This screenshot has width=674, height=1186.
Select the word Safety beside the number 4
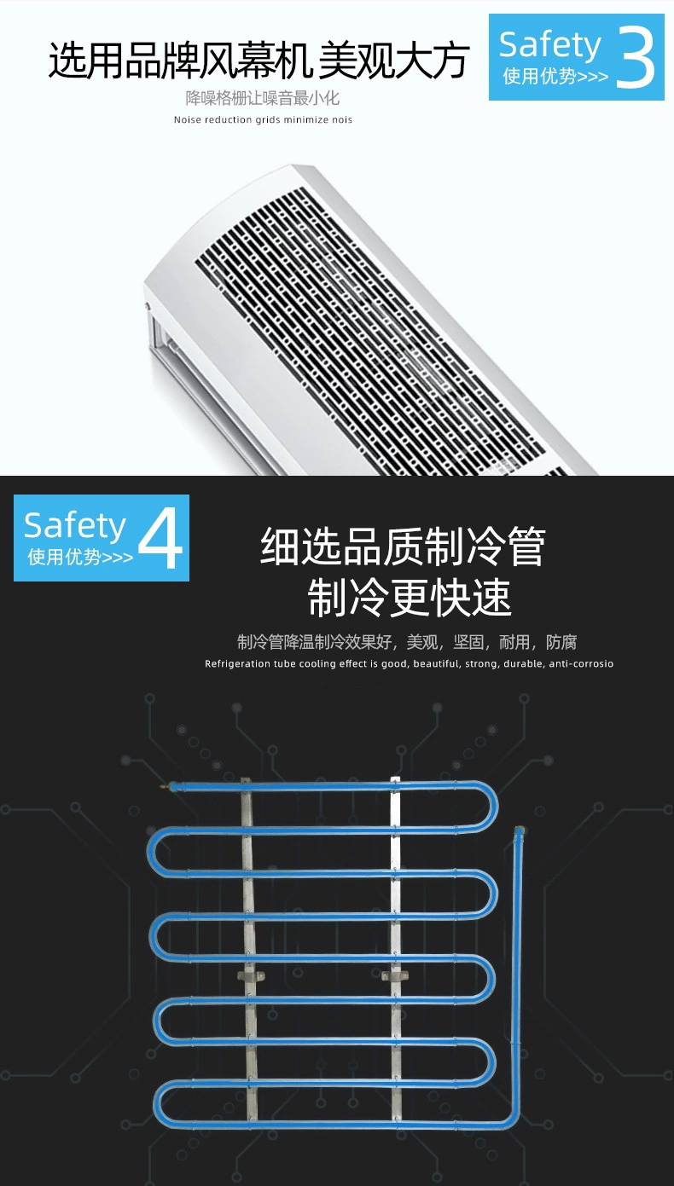74,525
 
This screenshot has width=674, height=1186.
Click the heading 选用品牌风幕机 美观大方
259,61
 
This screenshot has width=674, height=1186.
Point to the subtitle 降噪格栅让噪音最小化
263,98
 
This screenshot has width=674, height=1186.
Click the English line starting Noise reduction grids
263,120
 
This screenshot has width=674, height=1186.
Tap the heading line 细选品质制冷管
402,547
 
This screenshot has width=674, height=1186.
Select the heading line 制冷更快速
410,598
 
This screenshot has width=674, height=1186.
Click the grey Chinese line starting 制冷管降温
407,642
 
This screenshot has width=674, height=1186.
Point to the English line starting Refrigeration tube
409,664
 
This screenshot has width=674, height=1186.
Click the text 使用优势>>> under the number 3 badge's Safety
555,77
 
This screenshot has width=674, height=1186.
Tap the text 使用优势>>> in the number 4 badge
80,558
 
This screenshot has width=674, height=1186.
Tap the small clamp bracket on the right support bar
396,975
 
